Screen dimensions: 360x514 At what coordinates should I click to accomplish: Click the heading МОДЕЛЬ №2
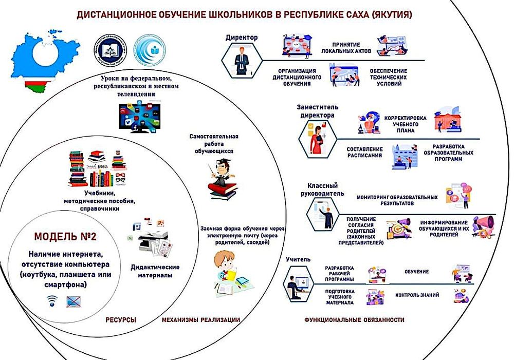(65, 237)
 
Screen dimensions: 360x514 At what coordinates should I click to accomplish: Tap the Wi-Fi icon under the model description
(52, 301)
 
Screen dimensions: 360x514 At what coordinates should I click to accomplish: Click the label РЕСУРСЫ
(121, 320)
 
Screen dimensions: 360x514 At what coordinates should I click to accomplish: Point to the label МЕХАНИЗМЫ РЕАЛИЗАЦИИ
(201, 320)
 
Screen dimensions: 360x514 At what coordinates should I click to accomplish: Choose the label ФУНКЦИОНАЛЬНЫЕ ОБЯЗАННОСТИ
(354, 320)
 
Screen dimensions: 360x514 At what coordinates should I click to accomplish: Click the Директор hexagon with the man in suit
(240, 59)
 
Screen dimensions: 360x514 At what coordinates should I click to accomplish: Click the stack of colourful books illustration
(98, 169)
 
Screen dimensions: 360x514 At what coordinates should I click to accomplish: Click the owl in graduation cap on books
(220, 177)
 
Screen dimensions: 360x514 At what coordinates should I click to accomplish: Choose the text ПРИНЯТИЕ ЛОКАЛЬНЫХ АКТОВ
(345, 48)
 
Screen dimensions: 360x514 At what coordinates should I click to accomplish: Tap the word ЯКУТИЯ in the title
(392, 15)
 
